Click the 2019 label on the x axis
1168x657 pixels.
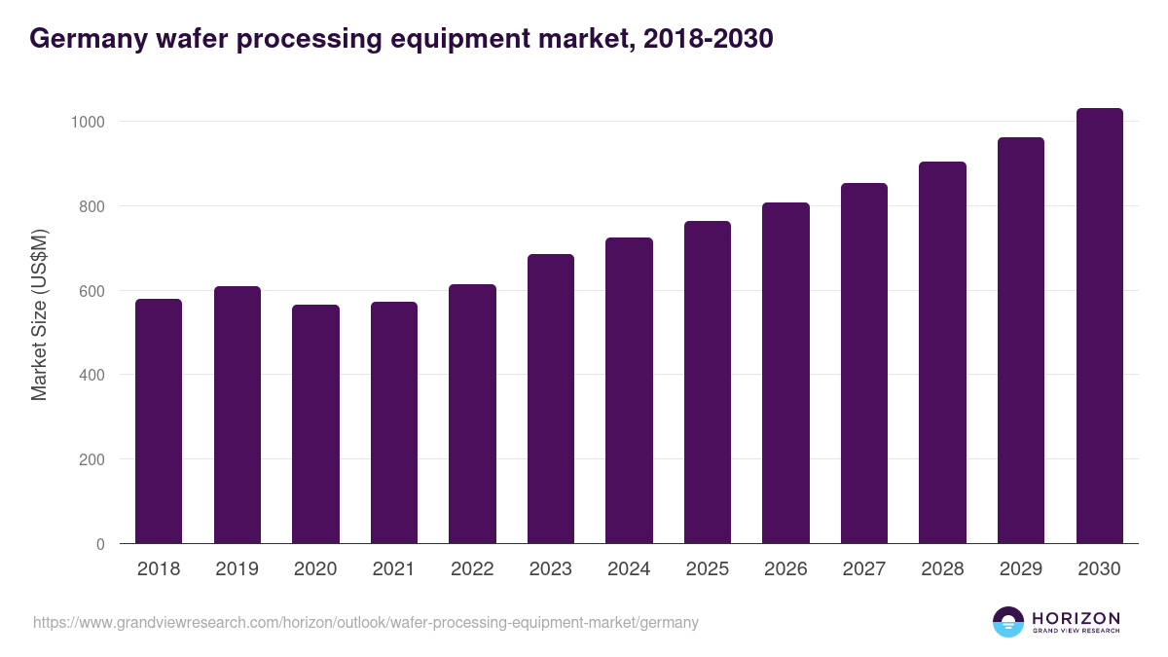[237, 569]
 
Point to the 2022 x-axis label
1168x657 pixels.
[472, 569]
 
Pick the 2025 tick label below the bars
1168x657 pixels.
[708, 569]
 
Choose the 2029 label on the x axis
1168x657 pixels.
[1021, 569]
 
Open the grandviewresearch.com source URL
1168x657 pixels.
[366, 622]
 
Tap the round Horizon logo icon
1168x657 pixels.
[1007, 622]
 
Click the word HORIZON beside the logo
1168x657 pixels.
[1076, 618]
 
